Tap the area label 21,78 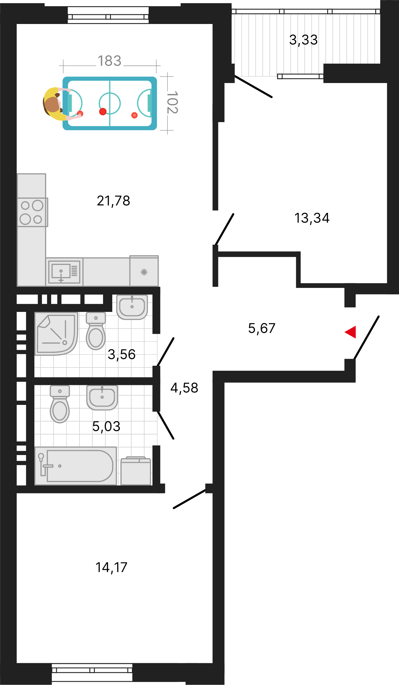coord(113,201)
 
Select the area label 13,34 coord(312,218)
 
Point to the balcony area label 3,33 coord(303,40)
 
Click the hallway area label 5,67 coord(262,328)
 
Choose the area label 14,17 coord(111,567)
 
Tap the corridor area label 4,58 coord(184,388)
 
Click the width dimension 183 coord(109,61)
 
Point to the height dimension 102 coord(172,102)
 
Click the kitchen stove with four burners coord(33,212)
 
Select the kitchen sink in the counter coord(64,272)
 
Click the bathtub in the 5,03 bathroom coord(76,466)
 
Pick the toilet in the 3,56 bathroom coord(96,331)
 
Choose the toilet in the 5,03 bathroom coord(60,404)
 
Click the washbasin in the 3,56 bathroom coord(132,307)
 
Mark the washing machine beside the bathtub coord(136,471)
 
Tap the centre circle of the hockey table coord(110,103)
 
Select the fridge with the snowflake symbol coord(144,271)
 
